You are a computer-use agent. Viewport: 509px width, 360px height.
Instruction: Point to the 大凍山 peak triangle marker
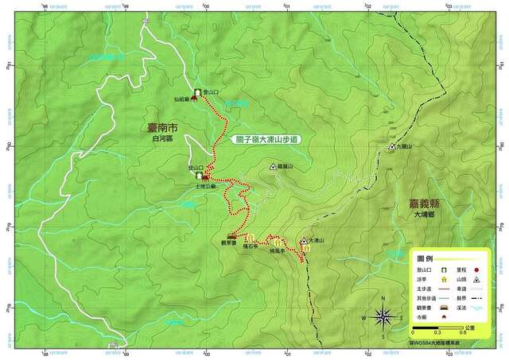[x=303, y=241]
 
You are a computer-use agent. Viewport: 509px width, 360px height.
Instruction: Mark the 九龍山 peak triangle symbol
[x=391, y=147]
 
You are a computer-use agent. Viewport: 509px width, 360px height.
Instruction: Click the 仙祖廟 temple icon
[x=194, y=99]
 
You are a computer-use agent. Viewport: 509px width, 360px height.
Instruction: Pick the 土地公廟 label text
[x=205, y=187]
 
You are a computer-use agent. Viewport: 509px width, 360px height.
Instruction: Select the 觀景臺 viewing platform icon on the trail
[x=231, y=237]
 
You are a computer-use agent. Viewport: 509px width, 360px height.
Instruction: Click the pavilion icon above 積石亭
[x=249, y=237]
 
